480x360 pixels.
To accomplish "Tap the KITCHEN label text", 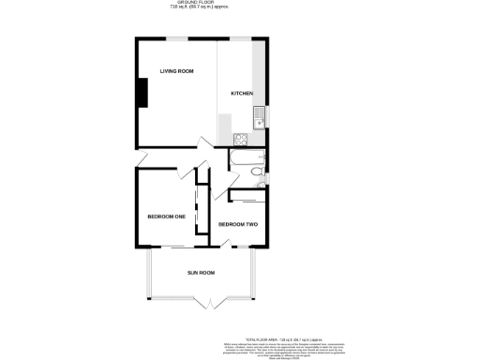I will tap(243, 94).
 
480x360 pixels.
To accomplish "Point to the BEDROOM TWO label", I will tap(238, 224).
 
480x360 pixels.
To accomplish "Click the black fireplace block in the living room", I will tap(142, 93).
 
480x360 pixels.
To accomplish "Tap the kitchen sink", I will tap(258, 117).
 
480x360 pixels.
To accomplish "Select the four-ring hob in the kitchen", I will tap(239, 141).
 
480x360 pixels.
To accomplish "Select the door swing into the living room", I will tap(203, 146).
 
